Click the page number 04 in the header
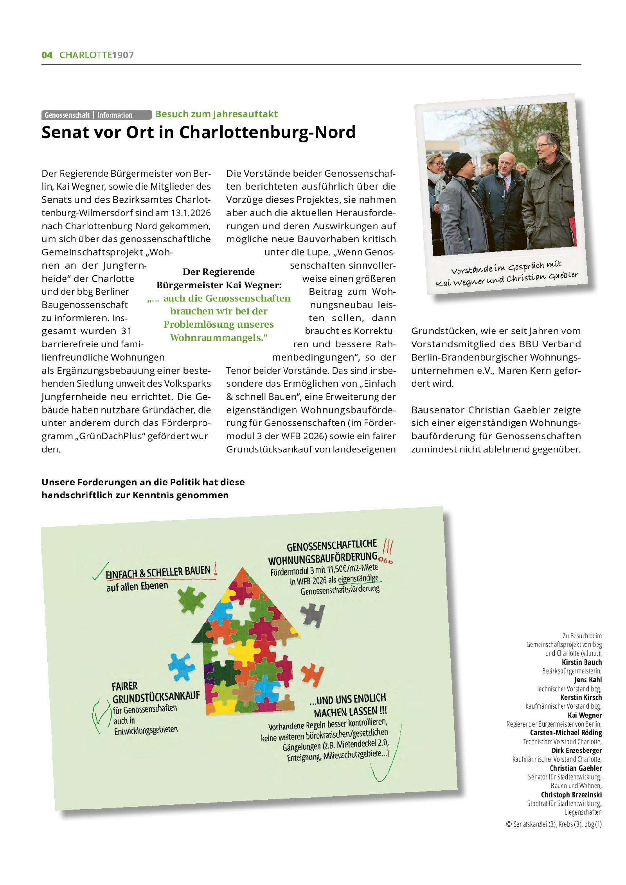(x=47, y=55)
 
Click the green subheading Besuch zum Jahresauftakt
(x=216, y=114)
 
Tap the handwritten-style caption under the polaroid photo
(x=507, y=274)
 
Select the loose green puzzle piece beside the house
(x=191, y=600)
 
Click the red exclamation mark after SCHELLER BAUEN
(x=215, y=569)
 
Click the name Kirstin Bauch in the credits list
(x=581, y=662)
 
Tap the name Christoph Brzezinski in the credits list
(x=571, y=795)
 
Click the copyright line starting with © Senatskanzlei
(x=554, y=824)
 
